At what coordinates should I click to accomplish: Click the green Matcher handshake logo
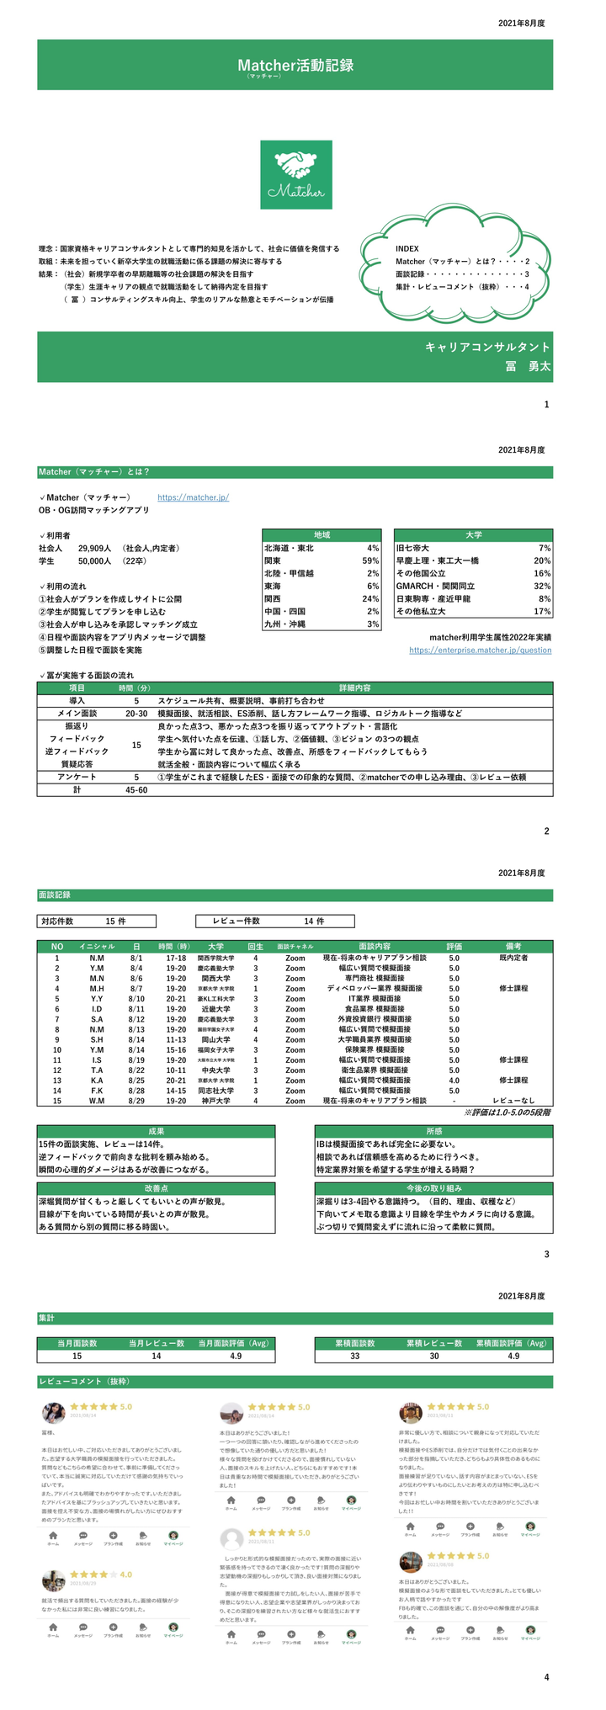[296, 174]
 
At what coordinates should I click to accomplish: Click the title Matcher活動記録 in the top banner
[295, 65]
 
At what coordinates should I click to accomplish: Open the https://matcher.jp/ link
[193, 497]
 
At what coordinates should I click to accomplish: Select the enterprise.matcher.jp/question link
[480, 651]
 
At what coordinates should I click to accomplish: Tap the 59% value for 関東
[370, 560]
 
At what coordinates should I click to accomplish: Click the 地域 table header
[322, 535]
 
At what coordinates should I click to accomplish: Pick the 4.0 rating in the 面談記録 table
[454, 1080]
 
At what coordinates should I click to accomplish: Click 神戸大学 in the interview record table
[216, 1100]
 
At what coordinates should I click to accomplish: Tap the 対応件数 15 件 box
[97, 921]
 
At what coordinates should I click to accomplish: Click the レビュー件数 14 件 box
[274, 921]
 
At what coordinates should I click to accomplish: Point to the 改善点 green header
[157, 1188]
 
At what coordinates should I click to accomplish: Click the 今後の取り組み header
[433, 1188]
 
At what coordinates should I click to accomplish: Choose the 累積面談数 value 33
[355, 1356]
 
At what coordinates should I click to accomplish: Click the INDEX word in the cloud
[407, 249]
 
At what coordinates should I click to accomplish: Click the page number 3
[546, 1255]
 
